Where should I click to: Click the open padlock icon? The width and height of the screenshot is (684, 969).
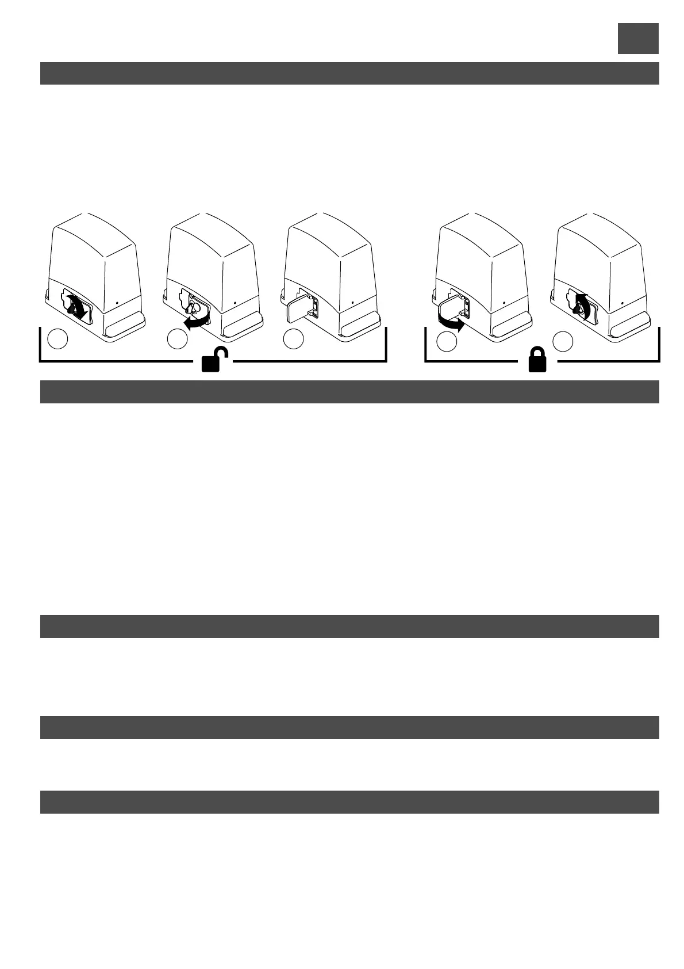click(x=214, y=361)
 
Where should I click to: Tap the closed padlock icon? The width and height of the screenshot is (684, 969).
click(x=537, y=361)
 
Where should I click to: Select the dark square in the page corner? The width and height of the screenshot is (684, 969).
click(x=637, y=39)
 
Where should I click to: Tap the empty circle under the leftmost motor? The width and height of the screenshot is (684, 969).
click(x=58, y=339)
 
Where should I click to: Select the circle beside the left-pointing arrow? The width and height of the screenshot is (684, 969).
click(x=177, y=339)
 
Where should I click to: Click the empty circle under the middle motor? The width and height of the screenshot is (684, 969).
click(x=293, y=339)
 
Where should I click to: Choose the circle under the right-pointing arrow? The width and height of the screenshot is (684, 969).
click(x=446, y=342)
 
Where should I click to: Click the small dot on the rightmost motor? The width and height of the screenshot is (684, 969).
click(x=624, y=302)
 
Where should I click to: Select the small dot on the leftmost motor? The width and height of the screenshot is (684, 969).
click(x=117, y=301)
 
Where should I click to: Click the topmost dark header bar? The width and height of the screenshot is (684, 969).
click(x=349, y=73)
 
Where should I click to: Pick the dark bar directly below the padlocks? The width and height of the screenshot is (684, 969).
click(x=349, y=392)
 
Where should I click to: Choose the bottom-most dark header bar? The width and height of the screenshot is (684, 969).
click(x=349, y=802)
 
